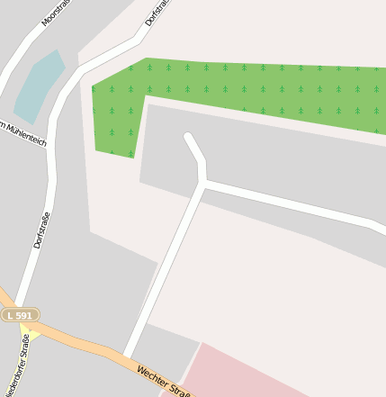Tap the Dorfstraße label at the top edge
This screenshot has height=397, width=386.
point(157,12)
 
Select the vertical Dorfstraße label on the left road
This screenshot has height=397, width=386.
point(40,230)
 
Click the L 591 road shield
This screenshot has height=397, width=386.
point(19,315)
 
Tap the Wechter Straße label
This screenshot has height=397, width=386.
point(166,382)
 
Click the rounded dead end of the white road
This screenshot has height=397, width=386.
point(189,139)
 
